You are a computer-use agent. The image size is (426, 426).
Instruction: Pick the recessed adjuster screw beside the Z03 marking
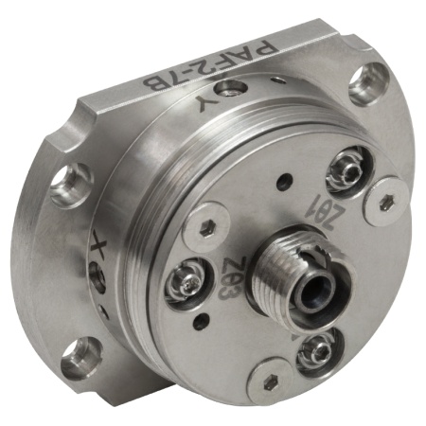(x=186, y=281)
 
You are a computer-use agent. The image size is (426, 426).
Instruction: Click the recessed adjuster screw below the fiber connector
(x=319, y=351)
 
